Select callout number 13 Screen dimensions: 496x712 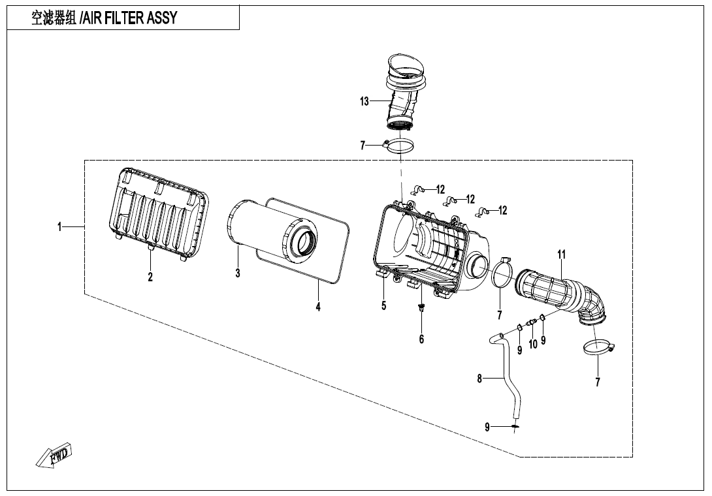[364, 101]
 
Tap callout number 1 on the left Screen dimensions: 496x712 [59, 227]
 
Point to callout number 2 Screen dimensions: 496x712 [150, 277]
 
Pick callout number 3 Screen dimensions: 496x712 [238, 273]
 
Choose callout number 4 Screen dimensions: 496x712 [318, 307]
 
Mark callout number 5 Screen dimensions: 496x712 [384, 305]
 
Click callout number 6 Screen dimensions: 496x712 [422, 339]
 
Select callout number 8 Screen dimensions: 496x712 [479, 378]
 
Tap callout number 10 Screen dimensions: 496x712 [533, 344]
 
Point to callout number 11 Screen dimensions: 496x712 [561, 254]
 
